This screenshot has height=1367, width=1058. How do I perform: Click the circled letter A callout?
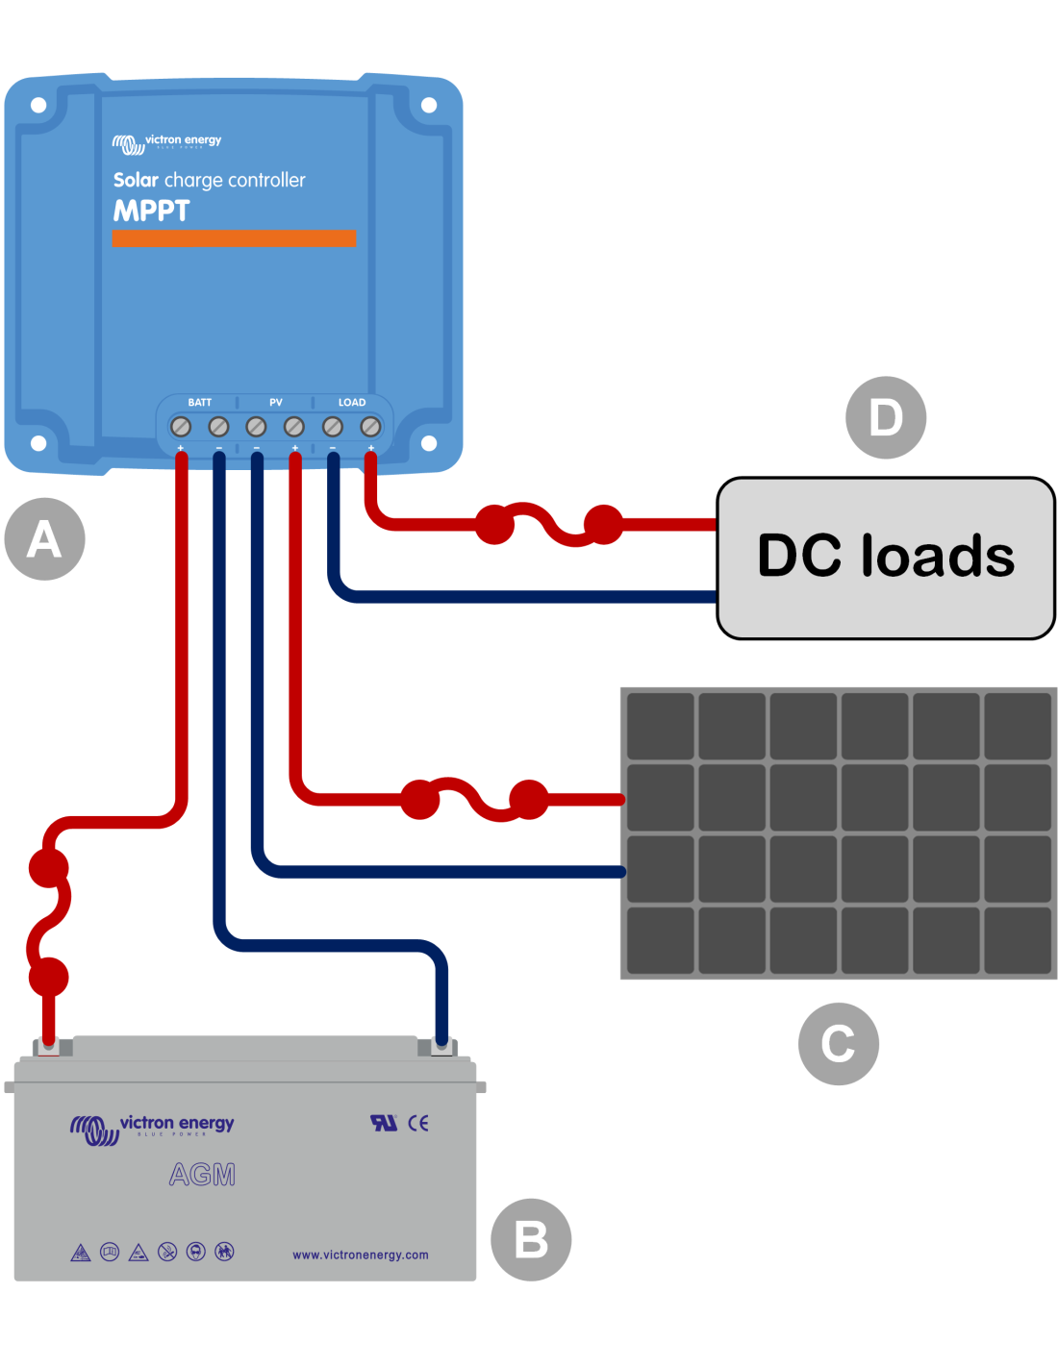44,539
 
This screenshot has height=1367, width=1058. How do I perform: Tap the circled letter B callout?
531,1239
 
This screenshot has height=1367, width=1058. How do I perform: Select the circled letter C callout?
838,1044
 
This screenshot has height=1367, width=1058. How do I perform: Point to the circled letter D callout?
886,417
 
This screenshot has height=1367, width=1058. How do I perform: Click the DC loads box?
886,558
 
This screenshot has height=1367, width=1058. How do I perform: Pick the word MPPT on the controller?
152,211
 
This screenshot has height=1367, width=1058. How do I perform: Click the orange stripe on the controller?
234,238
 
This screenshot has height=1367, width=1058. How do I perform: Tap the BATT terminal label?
200,403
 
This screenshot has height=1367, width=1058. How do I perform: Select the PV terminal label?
276,403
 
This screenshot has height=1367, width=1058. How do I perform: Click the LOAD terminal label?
352,403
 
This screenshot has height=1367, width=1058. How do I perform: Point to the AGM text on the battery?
202,1175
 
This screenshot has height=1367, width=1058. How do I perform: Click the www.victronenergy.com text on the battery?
361,1255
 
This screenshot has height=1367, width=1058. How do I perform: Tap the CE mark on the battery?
418,1123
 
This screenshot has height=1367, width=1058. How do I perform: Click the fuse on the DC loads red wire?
549,525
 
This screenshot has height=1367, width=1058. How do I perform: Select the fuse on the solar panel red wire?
474,800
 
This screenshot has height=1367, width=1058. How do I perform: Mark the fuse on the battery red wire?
48,923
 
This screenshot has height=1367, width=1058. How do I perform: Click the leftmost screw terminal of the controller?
180,426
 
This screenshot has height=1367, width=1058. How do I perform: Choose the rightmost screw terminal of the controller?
370,426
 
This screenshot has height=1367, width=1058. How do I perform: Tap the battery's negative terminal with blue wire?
441,1046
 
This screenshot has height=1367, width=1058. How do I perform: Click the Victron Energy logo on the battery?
152,1128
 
